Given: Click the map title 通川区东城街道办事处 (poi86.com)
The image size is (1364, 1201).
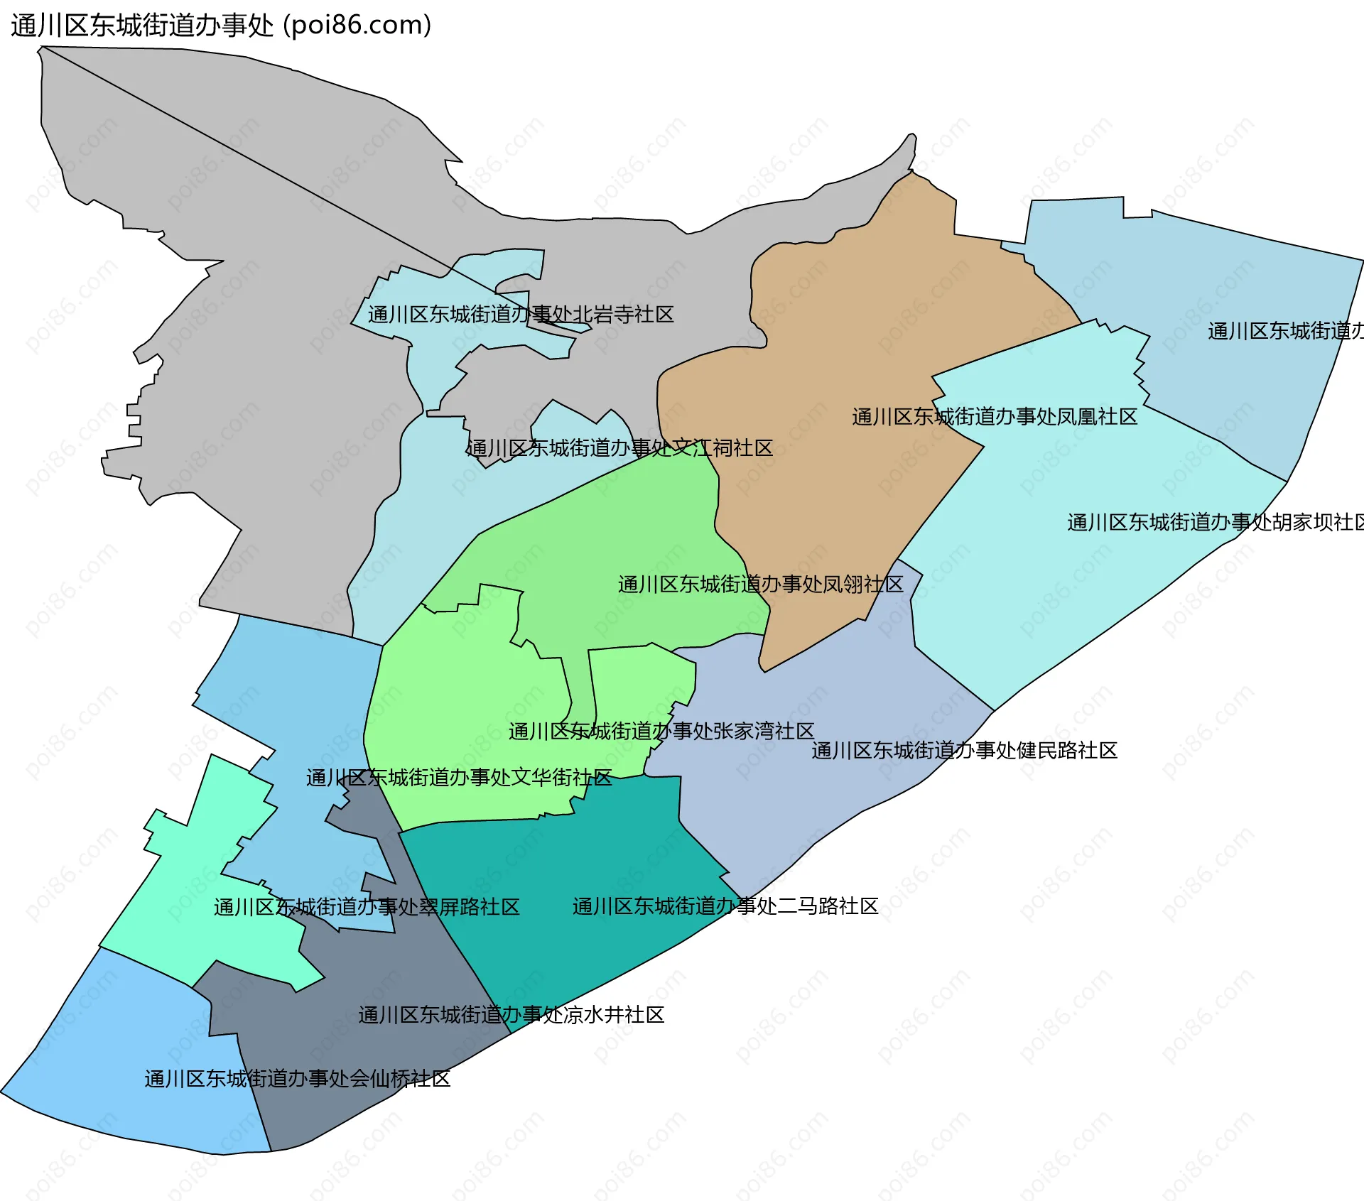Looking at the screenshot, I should coord(221,26).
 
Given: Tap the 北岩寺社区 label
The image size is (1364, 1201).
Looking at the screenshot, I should coord(521,314).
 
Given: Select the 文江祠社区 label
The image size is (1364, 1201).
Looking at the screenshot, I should coord(619,448).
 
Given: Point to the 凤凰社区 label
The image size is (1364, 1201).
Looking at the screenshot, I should coord(995,417).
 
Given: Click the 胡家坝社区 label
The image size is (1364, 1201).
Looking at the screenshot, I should coord(1215,523).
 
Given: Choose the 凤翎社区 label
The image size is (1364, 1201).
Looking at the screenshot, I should coord(760,585).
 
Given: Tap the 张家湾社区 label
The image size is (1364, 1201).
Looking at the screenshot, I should coord(661,731).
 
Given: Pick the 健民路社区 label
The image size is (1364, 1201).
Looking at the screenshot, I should coord(964,751).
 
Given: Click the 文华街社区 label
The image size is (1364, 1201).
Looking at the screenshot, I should coord(459,778).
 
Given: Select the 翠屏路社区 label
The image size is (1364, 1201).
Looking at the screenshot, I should coord(367,907).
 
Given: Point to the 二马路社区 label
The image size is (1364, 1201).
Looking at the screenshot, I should coord(725,906).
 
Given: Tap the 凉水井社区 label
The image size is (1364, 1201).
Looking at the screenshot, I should coord(511,1015).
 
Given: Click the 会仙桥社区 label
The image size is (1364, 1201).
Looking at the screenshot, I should coord(297,1079).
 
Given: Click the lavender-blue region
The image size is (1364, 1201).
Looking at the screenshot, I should coord(817,803).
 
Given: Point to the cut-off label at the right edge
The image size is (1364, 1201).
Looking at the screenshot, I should coord(1285,331).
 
